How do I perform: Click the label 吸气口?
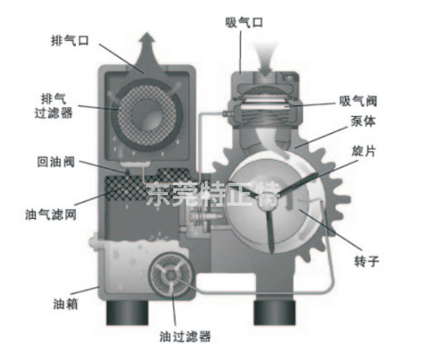[244, 22]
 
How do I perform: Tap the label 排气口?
[70, 41]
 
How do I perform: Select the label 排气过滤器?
[54, 106]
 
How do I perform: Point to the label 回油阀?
[55, 162]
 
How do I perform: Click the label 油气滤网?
[51, 215]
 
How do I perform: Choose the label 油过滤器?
[185, 336]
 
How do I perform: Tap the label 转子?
[366, 261]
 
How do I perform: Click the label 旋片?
[364, 151]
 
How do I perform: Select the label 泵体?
[363, 121]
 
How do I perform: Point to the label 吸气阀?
[358, 101]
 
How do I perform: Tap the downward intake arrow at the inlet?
[264, 59]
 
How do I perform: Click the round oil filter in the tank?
[170, 276]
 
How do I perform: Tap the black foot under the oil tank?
[127, 313]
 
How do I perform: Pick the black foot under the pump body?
[274, 313]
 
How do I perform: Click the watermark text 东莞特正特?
[214, 194]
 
